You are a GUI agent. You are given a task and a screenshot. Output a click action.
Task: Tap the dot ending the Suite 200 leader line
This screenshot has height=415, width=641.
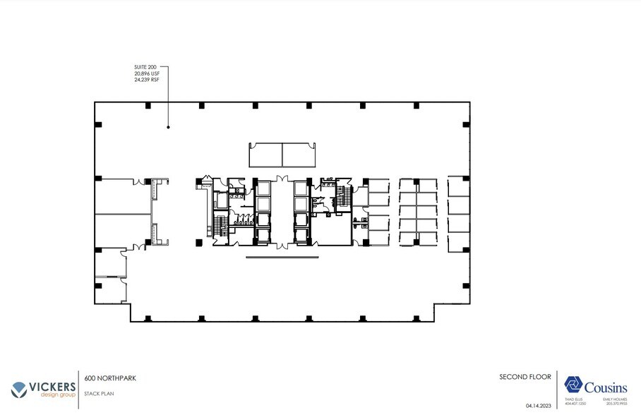[x=168, y=127]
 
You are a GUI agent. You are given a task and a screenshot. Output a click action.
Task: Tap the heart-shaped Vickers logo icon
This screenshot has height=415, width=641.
[x=20, y=389]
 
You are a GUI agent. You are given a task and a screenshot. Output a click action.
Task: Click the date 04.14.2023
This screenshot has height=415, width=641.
[x=539, y=405]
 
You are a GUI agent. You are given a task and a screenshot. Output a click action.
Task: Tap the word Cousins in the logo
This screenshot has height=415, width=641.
[x=605, y=386]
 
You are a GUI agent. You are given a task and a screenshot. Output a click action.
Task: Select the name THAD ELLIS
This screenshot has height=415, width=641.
[x=577, y=400]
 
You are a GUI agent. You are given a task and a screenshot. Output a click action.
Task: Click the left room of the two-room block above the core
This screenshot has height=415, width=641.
[x=266, y=155]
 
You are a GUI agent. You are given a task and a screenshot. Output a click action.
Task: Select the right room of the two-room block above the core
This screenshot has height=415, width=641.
[x=299, y=155]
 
